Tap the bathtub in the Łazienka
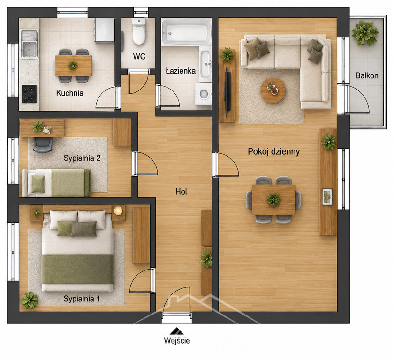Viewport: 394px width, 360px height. point(186,31)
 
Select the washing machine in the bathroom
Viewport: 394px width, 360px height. point(204,94)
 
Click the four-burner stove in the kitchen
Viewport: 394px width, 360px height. point(29,94)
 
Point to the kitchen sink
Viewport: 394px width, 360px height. point(30,44)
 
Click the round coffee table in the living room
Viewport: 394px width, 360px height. point(273,90)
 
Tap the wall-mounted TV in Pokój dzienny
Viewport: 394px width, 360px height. point(227,91)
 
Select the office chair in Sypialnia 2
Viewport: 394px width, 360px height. point(43,144)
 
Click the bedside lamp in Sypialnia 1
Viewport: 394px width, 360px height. point(118,210)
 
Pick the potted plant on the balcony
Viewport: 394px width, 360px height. point(365,33)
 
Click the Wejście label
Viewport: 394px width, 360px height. point(177,340)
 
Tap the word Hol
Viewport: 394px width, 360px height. point(181,192)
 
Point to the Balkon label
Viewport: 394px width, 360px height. point(367,75)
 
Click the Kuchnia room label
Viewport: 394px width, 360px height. point(70,93)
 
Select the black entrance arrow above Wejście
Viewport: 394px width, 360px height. point(177,331)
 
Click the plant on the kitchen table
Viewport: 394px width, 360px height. point(73,66)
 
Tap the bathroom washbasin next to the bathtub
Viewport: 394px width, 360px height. point(205,64)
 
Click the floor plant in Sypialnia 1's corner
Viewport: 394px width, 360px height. point(30,300)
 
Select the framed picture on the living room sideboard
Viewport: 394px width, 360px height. point(327,197)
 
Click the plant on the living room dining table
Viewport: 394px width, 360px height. point(273,200)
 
